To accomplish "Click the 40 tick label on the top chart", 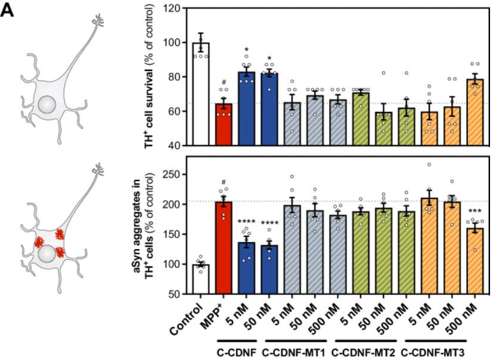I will point(175,145).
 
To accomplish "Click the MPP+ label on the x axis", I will point(219,311).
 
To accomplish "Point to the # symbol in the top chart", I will point(222,82).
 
